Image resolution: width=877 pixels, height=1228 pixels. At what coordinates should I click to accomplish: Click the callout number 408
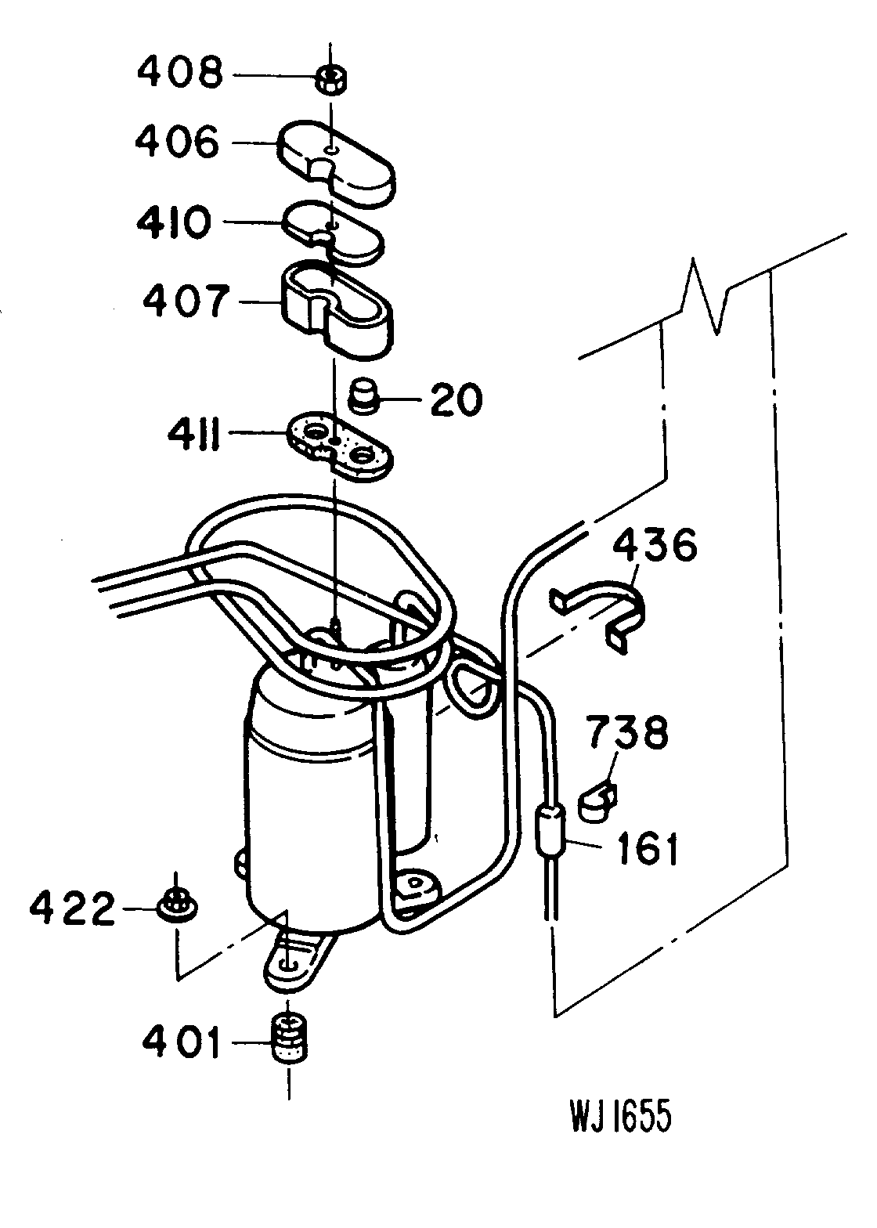pos(179,74)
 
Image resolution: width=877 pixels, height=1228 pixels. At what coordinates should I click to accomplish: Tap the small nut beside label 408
pos(333,79)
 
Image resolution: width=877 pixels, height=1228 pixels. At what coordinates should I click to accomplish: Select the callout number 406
pos(177,143)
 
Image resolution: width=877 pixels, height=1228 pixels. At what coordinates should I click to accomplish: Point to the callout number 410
pos(173,222)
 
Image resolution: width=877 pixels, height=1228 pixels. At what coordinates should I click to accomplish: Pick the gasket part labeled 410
pos(334,232)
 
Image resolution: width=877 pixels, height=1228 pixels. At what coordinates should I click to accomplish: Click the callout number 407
pos(185,302)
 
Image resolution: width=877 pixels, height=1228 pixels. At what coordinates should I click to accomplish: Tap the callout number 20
pos(455,401)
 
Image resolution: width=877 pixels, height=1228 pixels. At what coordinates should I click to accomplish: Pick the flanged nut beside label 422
pos(177,906)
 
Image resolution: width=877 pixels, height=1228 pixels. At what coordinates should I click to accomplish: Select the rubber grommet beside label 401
pos(290,1038)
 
